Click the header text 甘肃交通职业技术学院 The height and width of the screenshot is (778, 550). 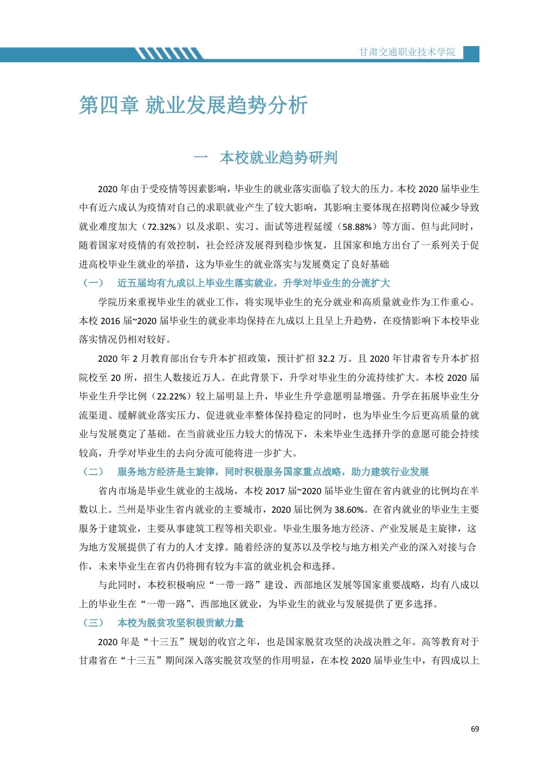(x=407, y=52)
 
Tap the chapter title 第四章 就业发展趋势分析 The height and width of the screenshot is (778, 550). (x=193, y=105)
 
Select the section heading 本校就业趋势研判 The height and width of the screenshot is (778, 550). (x=278, y=158)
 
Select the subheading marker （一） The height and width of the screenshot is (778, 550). (x=93, y=283)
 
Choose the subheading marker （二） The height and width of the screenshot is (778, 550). (x=93, y=472)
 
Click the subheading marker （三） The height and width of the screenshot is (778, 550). (x=93, y=623)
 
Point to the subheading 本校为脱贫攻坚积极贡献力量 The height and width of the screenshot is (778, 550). (x=180, y=623)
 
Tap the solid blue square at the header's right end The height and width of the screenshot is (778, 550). (x=471, y=53)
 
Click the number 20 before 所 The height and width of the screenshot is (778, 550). (x=116, y=377)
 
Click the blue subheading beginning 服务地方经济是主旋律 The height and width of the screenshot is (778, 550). (x=273, y=472)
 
